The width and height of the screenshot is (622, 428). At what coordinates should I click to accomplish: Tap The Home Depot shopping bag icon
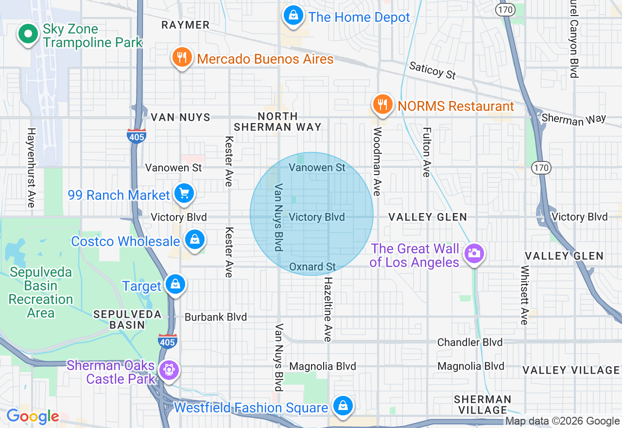[294, 16]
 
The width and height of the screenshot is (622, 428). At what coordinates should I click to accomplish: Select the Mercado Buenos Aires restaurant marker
[182, 58]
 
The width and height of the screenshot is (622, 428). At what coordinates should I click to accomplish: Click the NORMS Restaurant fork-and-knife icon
[383, 105]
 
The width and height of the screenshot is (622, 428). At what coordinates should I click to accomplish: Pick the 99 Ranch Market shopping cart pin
[184, 194]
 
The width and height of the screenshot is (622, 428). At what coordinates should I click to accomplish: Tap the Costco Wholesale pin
[194, 240]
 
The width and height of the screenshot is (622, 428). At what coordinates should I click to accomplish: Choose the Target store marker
[175, 285]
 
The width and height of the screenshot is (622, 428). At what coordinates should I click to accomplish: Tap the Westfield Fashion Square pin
[343, 406]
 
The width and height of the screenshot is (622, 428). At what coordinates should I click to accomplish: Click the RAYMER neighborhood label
[186, 25]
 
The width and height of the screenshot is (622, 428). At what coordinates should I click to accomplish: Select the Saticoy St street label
[432, 70]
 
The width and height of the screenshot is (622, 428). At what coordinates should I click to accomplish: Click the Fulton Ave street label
[427, 152]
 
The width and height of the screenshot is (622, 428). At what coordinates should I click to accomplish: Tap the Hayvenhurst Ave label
[32, 168]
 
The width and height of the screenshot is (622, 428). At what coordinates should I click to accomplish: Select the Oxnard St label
[312, 267]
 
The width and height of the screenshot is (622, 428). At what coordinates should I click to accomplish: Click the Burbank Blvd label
[216, 317]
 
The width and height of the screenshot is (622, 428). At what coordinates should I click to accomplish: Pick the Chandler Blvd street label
[470, 342]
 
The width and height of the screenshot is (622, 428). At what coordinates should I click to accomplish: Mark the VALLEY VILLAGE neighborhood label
[571, 370]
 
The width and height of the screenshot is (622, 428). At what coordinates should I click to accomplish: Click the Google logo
[33, 417]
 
